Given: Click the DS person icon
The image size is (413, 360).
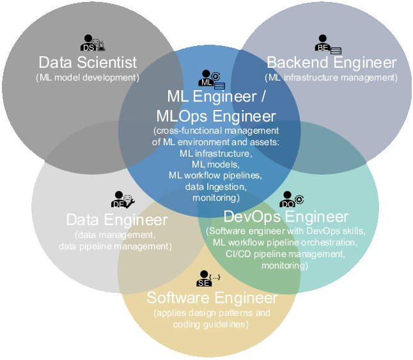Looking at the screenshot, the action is [x=93, y=43].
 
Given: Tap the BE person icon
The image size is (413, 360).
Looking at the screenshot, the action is [x=328, y=44].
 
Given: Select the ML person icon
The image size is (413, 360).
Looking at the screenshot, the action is [x=212, y=79].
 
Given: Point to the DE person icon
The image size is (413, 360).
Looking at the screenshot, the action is [x=123, y=200].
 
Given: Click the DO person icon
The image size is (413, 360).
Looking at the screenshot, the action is [x=292, y=200].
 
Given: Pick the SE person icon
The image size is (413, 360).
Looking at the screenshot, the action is [x=208, y=278].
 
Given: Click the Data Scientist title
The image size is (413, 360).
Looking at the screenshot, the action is [x=88, y=63].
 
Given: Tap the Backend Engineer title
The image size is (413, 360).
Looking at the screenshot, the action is [x=332, y=63].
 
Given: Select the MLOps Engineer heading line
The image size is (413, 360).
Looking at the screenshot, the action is [x=216, y=116].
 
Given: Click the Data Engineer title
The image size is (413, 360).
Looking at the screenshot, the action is [x=117, y=219].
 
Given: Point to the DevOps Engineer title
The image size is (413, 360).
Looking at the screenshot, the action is [x=286, y=217].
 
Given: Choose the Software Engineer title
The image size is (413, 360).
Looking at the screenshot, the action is [x=212, y=298].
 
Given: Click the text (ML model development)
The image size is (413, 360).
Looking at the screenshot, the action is [x=88, y=77].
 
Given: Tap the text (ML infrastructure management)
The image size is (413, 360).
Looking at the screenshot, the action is [x=331, y=77].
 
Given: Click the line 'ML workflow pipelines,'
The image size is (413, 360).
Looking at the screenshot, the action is [x=215, y=175].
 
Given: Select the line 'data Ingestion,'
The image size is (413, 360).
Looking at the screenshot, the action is [x=215, y=187].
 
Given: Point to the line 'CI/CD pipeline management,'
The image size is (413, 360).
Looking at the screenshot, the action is [x=285, y=254].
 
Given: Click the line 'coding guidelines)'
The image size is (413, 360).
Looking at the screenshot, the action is [x=211, y=324].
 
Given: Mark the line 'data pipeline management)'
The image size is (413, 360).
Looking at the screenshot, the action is [x=115, y=246].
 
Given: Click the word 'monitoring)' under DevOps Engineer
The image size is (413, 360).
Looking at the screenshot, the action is [x=284, y=265].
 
